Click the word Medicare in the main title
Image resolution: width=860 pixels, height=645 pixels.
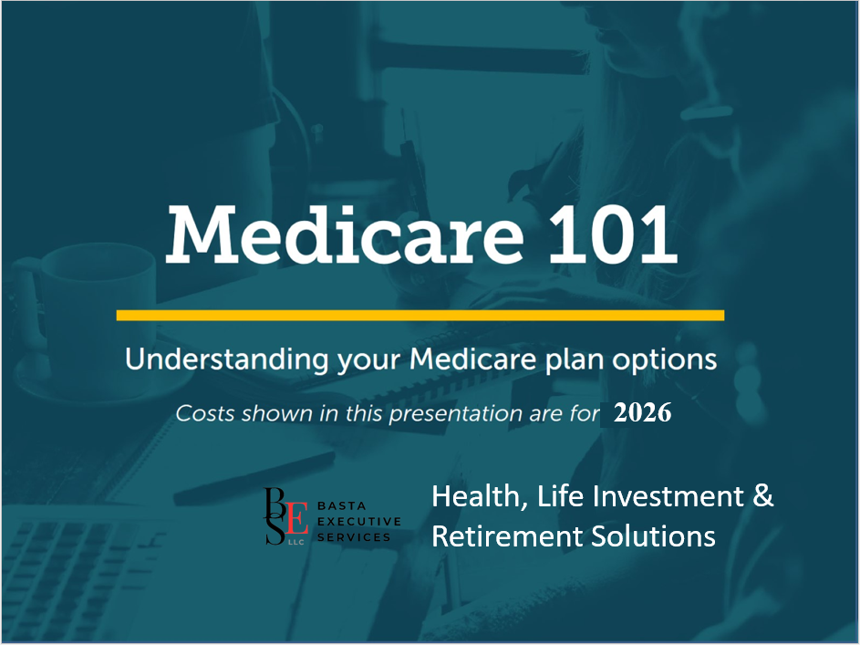pyautogui.click(x=345, y=234)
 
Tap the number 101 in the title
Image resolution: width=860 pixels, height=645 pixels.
pyautogui.click(x=613, y=234)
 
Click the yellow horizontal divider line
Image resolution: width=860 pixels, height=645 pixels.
pyautogui.click(x=420, y=316)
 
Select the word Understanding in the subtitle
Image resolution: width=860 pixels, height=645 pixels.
pyautogui.click(x=226, y=360)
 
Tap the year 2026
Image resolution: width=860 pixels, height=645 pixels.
pyautogui.click(x=642, y=413)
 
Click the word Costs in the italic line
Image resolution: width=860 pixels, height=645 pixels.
pyautogui.click(x=205, y=413)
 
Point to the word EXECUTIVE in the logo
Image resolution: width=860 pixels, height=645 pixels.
pyautogui.click(x=359, y=522)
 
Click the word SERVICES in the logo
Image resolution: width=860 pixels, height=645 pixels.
pyautogui.click(x=354, y=537)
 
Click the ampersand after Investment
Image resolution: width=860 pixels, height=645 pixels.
pyautogui.click(x=763, y=495)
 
